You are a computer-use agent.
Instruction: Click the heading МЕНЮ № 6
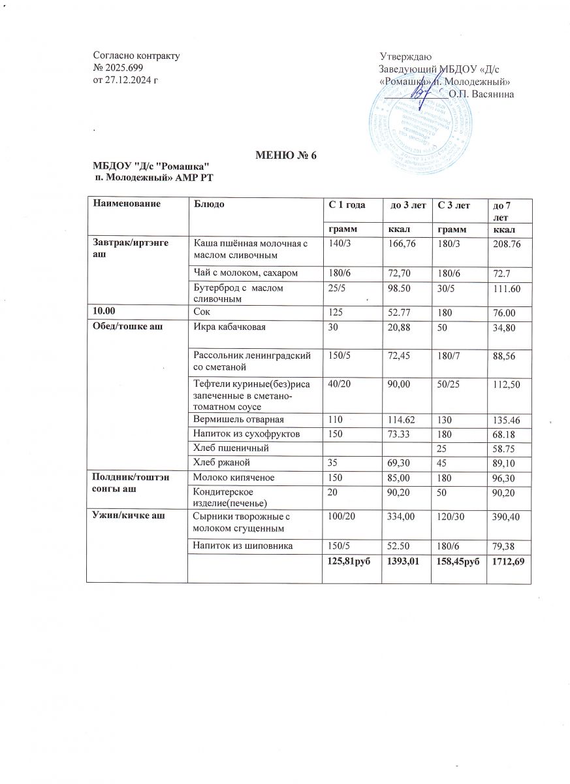285,155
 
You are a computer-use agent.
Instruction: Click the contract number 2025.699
123,68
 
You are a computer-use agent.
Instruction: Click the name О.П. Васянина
481,94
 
